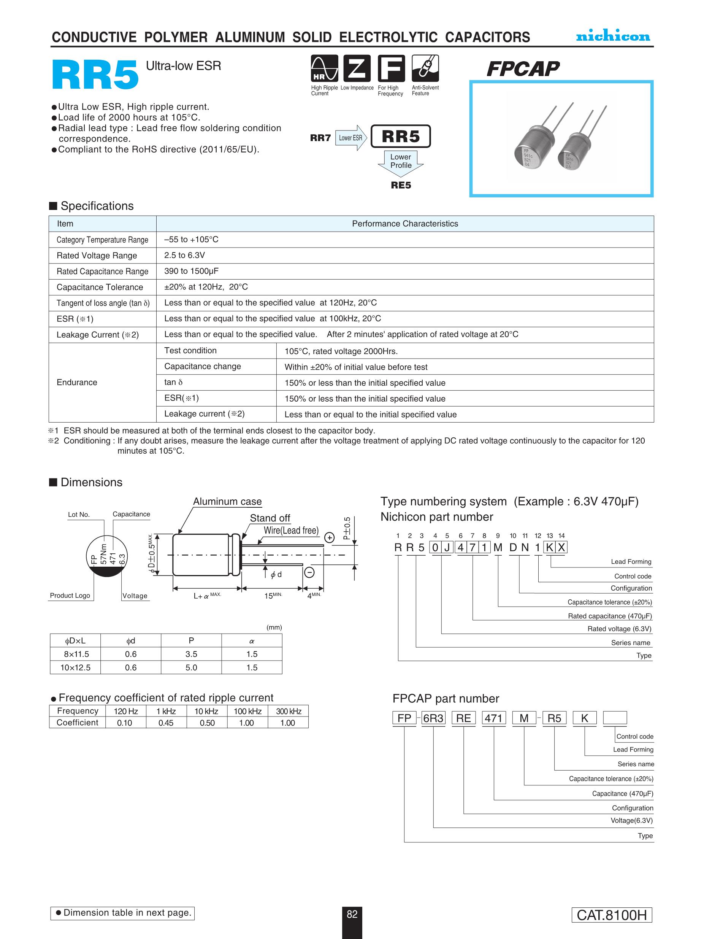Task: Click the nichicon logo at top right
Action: click(613, 36)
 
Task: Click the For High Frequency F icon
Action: click(391, 68)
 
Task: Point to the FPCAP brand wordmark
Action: click(523, 69)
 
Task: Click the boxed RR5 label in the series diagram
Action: click(401, 136)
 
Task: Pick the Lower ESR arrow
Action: click(351, 138)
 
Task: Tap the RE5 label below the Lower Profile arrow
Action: click(401, 185)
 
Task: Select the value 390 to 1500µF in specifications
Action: click(191, 271)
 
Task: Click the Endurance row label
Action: click(77, 383)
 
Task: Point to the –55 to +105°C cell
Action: click(191, 240)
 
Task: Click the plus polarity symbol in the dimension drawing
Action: click(329, 538)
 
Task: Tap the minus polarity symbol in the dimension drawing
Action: click(309, 573)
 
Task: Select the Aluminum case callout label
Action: click(227, 501)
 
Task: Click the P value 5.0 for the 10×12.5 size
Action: click(191, 667)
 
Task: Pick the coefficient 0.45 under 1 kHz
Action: click(165, 723)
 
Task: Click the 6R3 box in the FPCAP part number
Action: click(433, 718)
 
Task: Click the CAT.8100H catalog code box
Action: click(612, 915)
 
